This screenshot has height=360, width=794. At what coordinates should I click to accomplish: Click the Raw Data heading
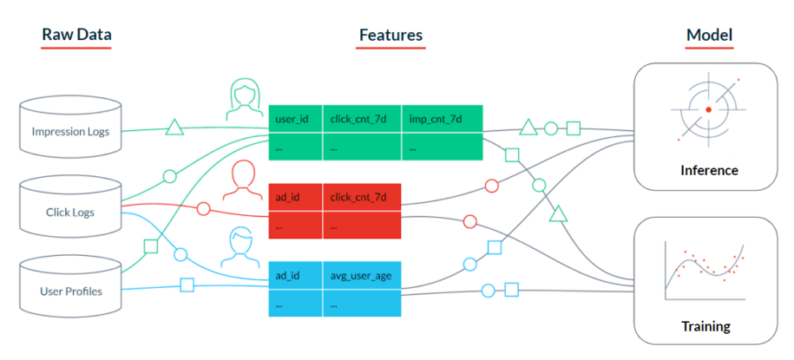click(76, 36)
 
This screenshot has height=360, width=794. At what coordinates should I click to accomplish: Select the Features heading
click(390, 36)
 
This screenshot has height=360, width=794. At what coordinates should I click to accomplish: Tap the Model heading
click(709, 36)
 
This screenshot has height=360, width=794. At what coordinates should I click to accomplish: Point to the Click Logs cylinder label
click(70, 212)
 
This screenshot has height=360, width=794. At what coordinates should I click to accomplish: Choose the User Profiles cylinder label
click(70, 291)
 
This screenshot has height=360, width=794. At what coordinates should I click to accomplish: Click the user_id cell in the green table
click(292, 118)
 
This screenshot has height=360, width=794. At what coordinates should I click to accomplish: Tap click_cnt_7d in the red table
click(358, 197)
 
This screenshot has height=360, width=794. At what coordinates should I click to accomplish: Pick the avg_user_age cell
click(361, 276)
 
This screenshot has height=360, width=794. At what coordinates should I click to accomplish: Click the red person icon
click(245, 180)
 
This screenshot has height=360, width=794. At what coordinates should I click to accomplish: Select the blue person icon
click(245, 248)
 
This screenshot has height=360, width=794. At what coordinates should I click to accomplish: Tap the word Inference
click(708, 170)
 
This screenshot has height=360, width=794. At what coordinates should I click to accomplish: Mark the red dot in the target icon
click(708, 109)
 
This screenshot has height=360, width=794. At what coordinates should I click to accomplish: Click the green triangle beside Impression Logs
click(174, 128)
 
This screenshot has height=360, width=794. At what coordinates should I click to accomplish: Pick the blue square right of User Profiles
click(187, 284)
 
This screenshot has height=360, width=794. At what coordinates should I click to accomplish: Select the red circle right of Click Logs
click(203, 209)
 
